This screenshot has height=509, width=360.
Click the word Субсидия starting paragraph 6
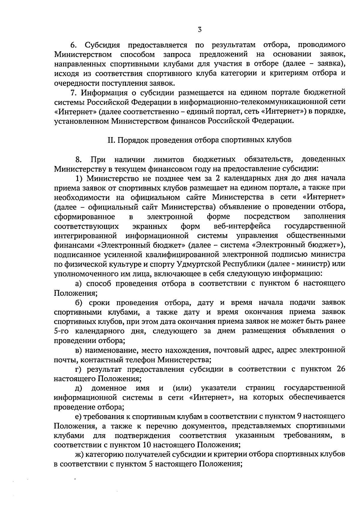[102, 45]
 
